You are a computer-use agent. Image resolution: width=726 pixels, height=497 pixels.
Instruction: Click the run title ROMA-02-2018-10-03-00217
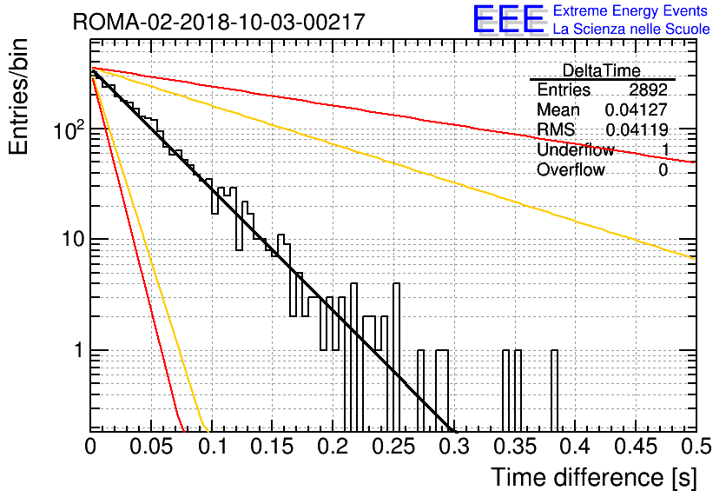(219, 22)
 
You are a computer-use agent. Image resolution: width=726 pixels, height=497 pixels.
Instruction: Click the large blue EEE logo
(508, 19)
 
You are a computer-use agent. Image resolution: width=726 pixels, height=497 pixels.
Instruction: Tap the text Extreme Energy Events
(630, 10)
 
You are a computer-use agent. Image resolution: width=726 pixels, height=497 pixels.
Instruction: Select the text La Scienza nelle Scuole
(631, 29)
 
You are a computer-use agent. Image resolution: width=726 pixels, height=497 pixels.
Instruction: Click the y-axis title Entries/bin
(18, 96)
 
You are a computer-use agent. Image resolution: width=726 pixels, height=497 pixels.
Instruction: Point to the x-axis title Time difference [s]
(594, 478)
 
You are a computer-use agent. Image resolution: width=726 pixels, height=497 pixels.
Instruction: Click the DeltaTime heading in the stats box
(602, 70)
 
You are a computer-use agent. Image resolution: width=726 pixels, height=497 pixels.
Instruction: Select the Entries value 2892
(648, 89)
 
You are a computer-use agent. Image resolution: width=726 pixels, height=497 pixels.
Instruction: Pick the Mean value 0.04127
(637, 109)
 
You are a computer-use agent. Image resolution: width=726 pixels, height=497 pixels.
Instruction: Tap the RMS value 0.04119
(637, 129)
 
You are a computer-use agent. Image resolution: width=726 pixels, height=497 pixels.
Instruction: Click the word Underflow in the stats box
(576, 149)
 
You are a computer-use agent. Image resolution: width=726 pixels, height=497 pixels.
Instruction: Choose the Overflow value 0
(663, 170)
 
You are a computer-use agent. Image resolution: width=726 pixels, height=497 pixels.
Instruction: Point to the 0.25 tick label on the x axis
(393, 447)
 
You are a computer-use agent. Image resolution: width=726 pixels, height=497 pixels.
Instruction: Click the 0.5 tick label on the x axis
(696, 447)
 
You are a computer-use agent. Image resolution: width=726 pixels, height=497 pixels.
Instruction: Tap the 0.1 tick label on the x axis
(213, 447)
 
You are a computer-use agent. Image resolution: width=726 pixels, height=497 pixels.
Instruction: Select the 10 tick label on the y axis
(73, 240)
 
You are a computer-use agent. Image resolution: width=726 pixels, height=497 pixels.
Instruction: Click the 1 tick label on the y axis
(78, 351)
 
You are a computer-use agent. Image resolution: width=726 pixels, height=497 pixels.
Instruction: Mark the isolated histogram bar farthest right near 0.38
(554, 390)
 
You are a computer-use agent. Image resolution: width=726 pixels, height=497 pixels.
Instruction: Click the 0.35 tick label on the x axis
(514, 447)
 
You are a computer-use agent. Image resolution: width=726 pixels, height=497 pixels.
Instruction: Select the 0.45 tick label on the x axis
(636, 447)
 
